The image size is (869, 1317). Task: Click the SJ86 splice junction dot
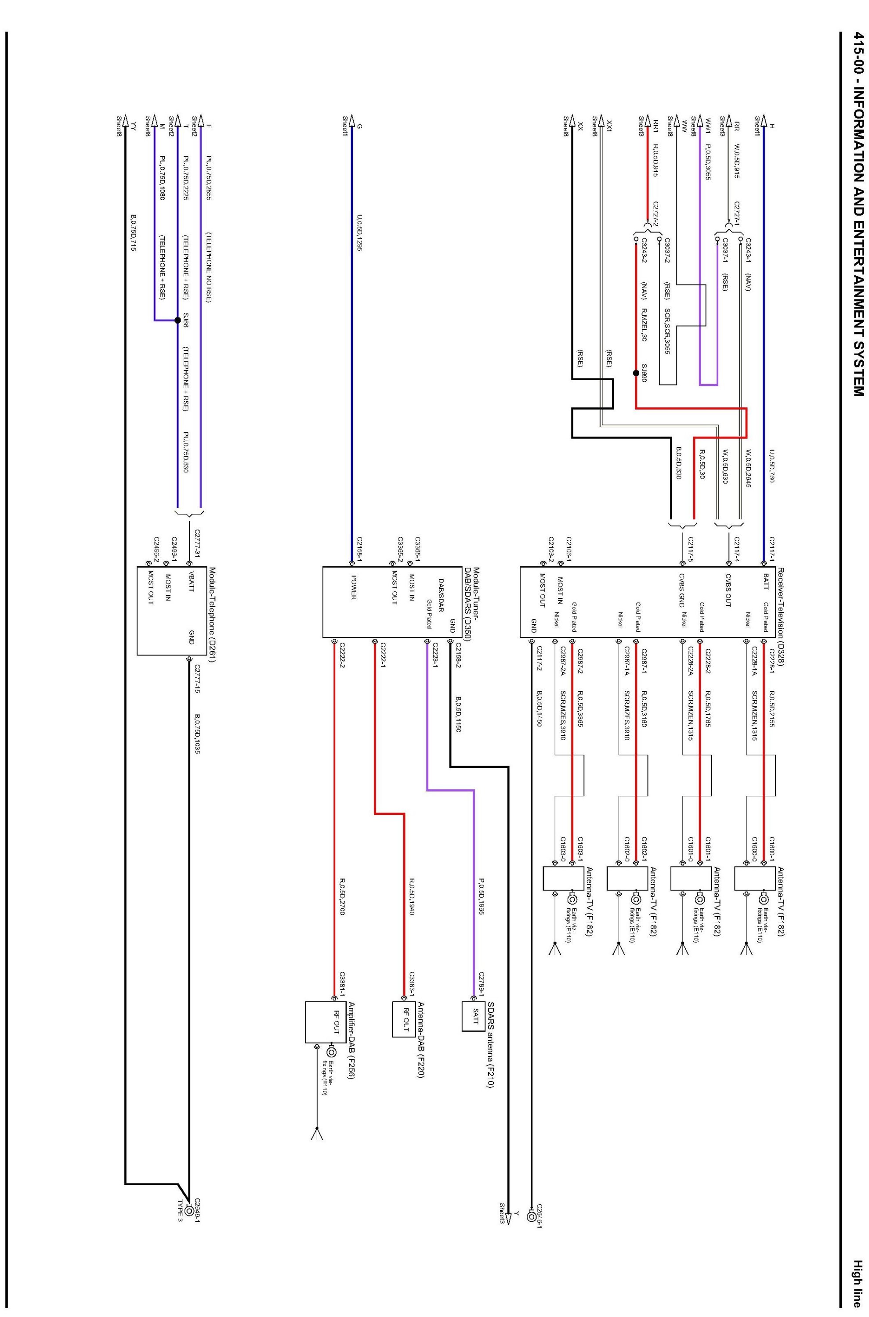177,320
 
